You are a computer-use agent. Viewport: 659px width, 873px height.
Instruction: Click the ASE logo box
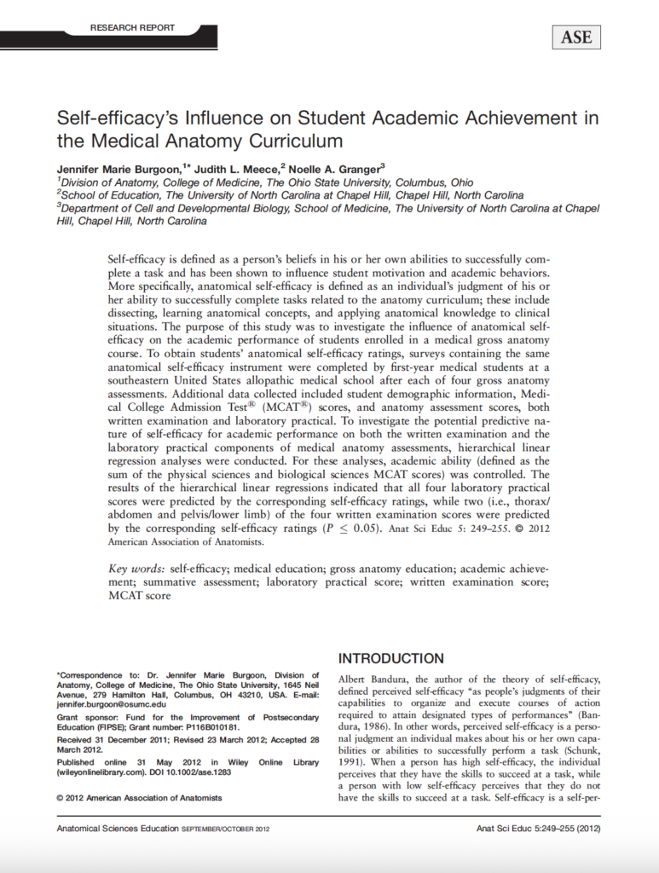tap(576, 37)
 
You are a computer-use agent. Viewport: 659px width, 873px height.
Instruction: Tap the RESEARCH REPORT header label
tap(132, 28)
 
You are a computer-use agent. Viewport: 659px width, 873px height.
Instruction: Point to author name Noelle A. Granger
tap(338, 169)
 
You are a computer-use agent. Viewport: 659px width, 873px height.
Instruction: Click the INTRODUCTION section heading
tap(391, 658)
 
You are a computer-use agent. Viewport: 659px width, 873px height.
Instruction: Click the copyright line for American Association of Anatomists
tap(139, 798)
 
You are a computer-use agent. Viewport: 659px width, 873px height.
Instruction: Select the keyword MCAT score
tap(140, 596)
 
